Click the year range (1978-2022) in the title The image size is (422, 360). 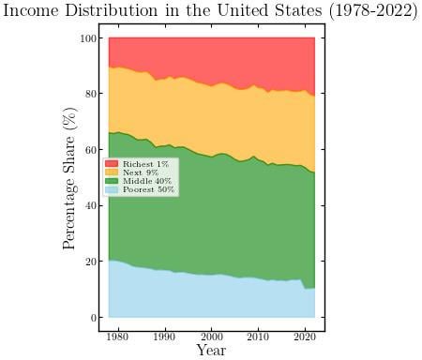pyautogui.click(x=367, y=11)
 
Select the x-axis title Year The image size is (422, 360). pyautogui.click(x=212, y=350)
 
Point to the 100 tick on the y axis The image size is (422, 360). pyautogui.click(x=87, y=38)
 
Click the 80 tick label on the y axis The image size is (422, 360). pyautogui.click(x=89, y=95)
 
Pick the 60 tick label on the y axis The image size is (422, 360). pyautogui.click(x=89, y=150)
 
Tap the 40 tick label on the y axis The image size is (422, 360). pyautogui.click(x=89, y=206)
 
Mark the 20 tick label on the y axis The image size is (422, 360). pyautogui.click(x=89, y=262)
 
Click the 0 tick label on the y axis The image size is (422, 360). pyautogui.click(x=91, y=318)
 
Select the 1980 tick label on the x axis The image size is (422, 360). pyautogui.click(x=118, y=335)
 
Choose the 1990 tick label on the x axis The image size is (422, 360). pyautogui.click(x=165, y=335)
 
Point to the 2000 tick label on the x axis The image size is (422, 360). pyautogui.click(x=212, y=335)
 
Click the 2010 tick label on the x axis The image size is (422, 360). pyautogui.click(x=258, y=335)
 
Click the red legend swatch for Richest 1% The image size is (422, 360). pyautogui.click(x=112, y=164)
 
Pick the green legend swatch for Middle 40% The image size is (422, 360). pyautogui.click(x=112, y=181)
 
